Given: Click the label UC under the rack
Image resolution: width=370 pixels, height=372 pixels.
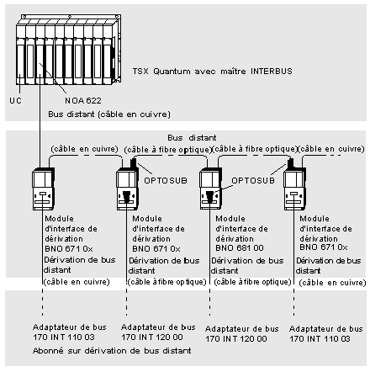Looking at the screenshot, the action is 15,100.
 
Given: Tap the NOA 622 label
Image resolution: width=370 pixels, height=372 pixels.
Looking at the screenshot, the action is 83,100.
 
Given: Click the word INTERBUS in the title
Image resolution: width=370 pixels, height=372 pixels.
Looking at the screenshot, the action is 272,71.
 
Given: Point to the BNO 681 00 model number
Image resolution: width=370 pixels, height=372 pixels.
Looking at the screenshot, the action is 240,248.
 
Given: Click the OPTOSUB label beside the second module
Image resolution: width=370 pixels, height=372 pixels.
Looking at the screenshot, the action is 166,180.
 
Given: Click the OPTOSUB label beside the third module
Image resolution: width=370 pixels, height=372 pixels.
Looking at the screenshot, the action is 253,180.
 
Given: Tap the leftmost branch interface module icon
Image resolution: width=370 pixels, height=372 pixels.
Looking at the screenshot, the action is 43,189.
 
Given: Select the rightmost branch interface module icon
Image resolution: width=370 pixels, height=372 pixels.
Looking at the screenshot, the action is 294,189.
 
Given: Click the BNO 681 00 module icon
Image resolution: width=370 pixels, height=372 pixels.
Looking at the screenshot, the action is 210,189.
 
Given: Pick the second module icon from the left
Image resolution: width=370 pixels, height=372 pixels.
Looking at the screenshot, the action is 128,189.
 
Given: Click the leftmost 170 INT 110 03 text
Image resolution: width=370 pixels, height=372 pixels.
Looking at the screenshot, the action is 64,337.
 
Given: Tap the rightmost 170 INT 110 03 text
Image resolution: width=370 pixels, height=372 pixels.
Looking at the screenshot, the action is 320,338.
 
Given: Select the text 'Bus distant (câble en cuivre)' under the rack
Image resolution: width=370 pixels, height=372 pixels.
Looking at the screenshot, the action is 109,114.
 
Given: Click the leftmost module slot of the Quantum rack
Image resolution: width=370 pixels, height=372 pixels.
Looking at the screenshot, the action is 21,55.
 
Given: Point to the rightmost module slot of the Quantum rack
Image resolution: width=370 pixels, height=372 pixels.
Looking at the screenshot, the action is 108,55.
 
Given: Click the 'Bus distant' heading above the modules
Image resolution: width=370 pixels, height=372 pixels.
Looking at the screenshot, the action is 192,138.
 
